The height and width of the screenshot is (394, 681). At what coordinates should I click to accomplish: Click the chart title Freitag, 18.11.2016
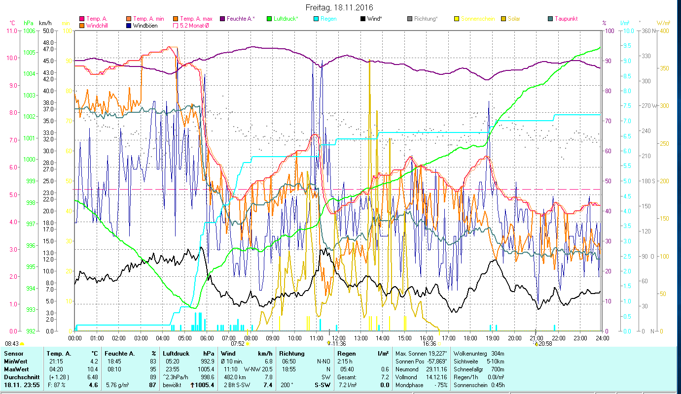click(x=339, y=7)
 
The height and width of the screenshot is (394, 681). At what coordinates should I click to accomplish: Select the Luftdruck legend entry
click(x=285, y=19)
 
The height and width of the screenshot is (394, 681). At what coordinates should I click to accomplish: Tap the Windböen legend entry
click(x=145, y=25)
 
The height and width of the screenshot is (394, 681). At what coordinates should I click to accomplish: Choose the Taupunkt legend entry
click(x=566, y=19)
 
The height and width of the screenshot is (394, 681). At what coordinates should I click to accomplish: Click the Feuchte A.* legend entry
click(x=240, y=19)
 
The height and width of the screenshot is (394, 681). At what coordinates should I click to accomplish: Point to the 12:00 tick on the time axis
click(x=339, y=338)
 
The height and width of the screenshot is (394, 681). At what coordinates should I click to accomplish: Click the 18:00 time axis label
click(x=470, y=338)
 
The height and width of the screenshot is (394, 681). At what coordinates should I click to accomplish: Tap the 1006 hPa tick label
click(x=29, y=31)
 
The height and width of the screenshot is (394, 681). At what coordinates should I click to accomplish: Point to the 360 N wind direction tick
click(x=647, y=31)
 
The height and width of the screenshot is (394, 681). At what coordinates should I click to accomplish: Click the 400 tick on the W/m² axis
click(x=665, y=31)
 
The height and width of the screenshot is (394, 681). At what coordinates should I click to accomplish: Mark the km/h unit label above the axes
click(x=45, y=23)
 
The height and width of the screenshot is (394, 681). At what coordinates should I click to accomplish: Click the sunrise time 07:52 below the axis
click(x=238, y=344)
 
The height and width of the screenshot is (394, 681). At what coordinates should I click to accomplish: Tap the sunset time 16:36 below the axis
click(x=429, y=344)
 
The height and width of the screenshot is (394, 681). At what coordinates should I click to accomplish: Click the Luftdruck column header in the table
click(x=176, y=354)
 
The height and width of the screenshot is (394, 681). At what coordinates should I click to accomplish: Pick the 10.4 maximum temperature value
click(x=93, y=369)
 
